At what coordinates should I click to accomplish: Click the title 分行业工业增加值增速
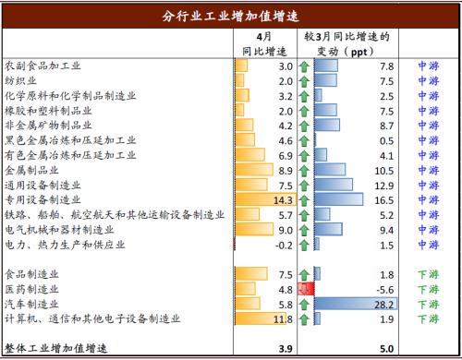point(231,16)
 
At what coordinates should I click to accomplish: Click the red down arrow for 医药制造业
point(304,289)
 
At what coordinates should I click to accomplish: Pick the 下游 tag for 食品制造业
point(427,274)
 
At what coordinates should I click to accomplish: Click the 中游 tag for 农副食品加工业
point(427,66)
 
